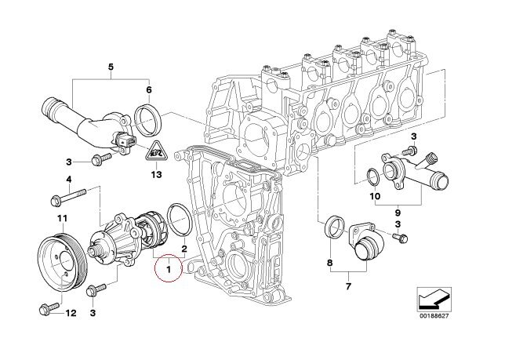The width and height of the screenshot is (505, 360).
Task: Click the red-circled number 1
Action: tap(168, 271)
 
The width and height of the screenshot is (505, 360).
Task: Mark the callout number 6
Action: tap(148, 90)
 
